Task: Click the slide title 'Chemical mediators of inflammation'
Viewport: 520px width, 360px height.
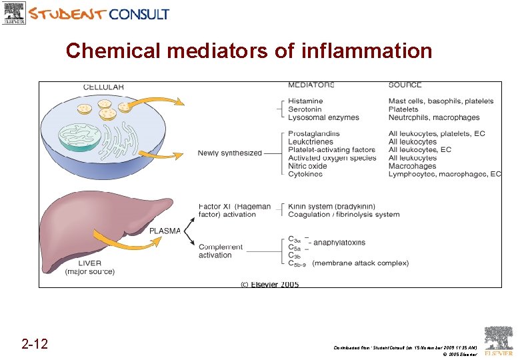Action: click(x=249, y=51)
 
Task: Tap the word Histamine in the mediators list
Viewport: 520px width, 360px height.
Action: click(x=305, y=101)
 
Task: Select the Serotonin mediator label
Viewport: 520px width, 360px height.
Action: click(x=305, y=109)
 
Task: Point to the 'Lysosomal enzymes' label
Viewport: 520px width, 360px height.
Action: click(x=323, y=117)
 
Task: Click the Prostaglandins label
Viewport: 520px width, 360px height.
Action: click(x=313, y=134)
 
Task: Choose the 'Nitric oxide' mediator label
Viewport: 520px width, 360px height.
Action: click(x=307, y=166)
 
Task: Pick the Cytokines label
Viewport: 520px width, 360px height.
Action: click(x=305, y=174)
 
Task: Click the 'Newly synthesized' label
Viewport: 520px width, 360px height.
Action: click(x=229, y=153)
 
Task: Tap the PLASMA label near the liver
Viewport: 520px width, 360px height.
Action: click(x=164, y=231)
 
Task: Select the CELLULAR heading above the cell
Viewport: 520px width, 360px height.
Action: click(x=103, y=87)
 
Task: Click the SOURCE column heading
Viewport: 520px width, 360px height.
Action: click(x=405, y=85)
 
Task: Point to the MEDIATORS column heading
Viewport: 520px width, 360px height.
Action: click(x=311, y=85)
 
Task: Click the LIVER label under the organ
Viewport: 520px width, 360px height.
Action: click(x=89, y=263)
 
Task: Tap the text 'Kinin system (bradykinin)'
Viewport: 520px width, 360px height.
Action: click(x=331, y=207)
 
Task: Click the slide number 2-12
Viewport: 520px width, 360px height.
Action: click(x=34, y=344)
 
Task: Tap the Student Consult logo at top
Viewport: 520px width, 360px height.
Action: click(x=87, y=13)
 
